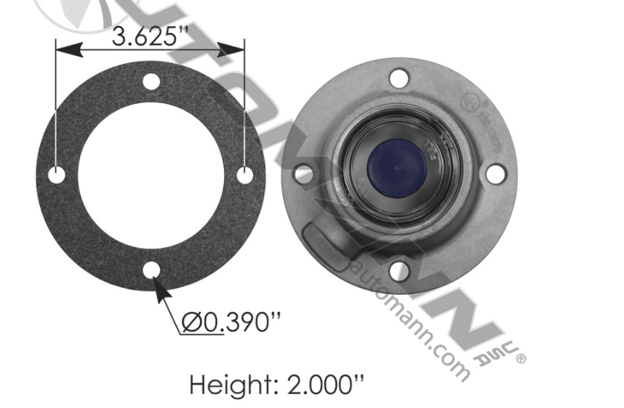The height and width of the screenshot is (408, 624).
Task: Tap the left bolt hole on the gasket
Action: coord(56,176)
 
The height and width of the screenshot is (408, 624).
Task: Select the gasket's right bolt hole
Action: coord(245,176)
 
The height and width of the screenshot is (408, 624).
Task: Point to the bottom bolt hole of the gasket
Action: coord(151,270)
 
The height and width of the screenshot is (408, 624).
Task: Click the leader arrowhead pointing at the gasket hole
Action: coord(159,285)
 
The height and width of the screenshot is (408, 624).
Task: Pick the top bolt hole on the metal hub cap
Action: coord(398,78)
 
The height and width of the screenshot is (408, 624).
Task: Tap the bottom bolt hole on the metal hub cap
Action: coord(398,270)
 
